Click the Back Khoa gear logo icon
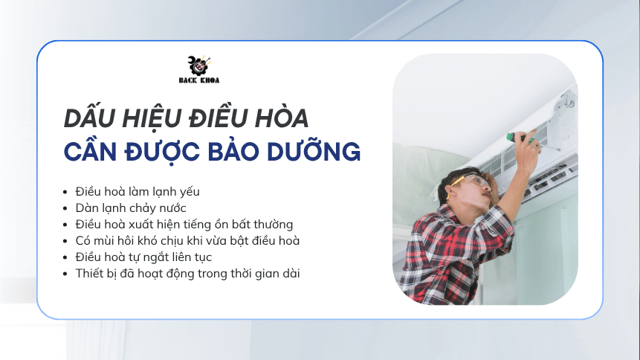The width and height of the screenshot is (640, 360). tap(198, 65)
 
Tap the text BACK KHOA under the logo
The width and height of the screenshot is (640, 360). tap(198, 80)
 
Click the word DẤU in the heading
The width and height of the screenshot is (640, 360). tap(88, 118)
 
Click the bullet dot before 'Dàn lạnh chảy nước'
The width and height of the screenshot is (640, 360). tap(65, 208)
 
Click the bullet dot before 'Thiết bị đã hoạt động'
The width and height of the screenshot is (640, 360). tap(65, 274)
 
